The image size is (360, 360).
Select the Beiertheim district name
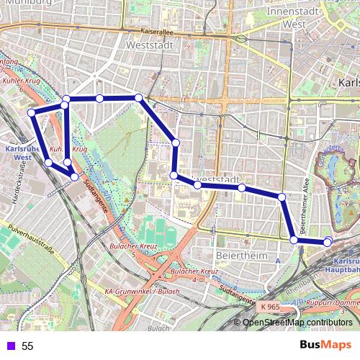[238, 256]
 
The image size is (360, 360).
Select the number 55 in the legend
[27, 346]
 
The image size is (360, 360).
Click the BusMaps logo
[326, 346]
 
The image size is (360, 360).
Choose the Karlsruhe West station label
[16, 152]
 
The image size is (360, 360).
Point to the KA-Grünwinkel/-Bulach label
[141, 291]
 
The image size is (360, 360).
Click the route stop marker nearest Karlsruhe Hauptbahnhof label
[328, 243]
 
